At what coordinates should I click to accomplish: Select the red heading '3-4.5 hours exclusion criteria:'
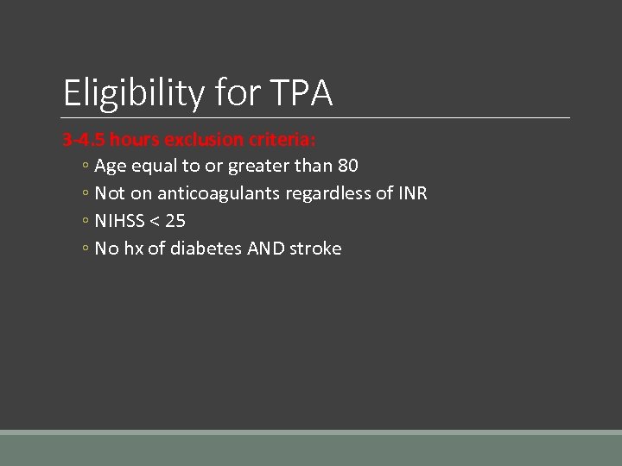tap(189, 139)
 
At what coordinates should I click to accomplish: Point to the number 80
tap(348, 166)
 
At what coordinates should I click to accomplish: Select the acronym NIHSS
tap(119, 221)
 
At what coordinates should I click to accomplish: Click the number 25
tap(175, 221)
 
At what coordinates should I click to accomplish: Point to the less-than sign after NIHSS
tap(155, 222)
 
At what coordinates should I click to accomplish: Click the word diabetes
tap(206, 249)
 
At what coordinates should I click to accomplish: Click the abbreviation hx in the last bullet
tap(133, 249)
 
